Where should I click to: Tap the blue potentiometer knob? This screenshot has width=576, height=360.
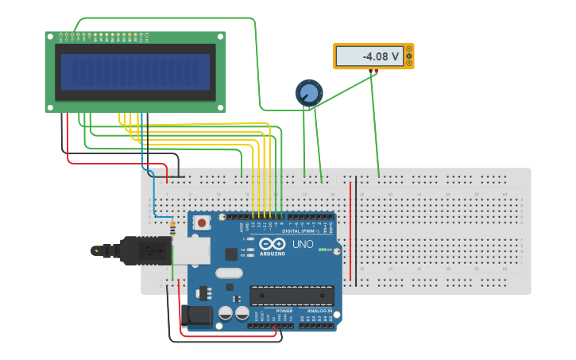[x=309, y=93]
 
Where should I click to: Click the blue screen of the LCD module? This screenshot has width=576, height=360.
[x=135, y=72]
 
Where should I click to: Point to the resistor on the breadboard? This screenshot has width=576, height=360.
[x=172, y=229]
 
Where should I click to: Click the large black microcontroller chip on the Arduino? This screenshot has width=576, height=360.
[x=292, y=296]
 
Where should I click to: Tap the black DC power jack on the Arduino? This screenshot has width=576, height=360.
[x=196, y=315]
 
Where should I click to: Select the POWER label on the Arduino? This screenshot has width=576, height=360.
[x=273, y=311]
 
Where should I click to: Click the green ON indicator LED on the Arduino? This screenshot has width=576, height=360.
[x=321, y=251]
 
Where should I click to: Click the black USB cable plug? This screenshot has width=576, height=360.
[x=143, y=250]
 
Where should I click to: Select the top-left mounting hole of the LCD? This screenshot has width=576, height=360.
[x=49, y=36]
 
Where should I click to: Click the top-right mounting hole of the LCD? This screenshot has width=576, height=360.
[x=221, y=36]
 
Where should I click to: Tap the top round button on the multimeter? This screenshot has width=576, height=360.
[x=409, y=49]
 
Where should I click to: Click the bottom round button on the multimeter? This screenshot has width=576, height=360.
[x=409, y=63]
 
